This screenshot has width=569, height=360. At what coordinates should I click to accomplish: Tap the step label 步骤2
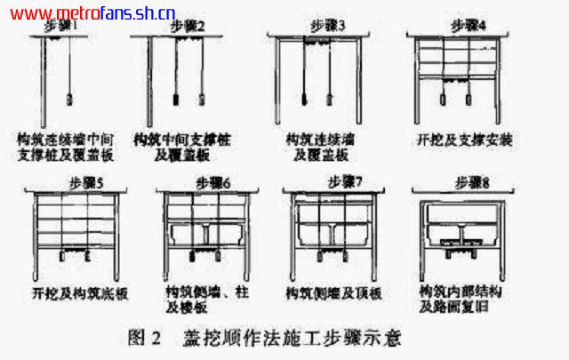click(x=187, y=27)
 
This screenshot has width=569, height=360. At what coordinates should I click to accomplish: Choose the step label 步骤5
click(x=85, y=183)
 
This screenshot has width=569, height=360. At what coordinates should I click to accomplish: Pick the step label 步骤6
click(x=212, y=183)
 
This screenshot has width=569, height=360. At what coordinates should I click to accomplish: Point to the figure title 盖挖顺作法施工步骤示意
click(x=288, y=338)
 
